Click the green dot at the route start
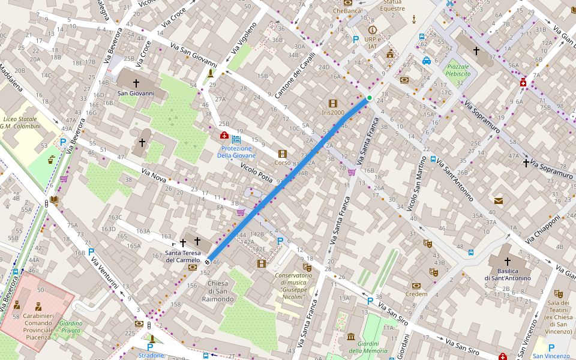(x=370, y=98)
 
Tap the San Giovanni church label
(x=136, y=93)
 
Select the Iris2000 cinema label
(x=333, y=112)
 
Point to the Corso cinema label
(x=282, y=163)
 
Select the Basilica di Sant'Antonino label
(x=508, y=274)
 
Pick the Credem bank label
(x=416, y=294)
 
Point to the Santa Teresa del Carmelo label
(x=182, y=256)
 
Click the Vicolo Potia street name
(x=256, y=172)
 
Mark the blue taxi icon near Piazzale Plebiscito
(x=426, y=61)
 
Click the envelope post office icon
(x=499, y=200)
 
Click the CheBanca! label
(x=348, y=10)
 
